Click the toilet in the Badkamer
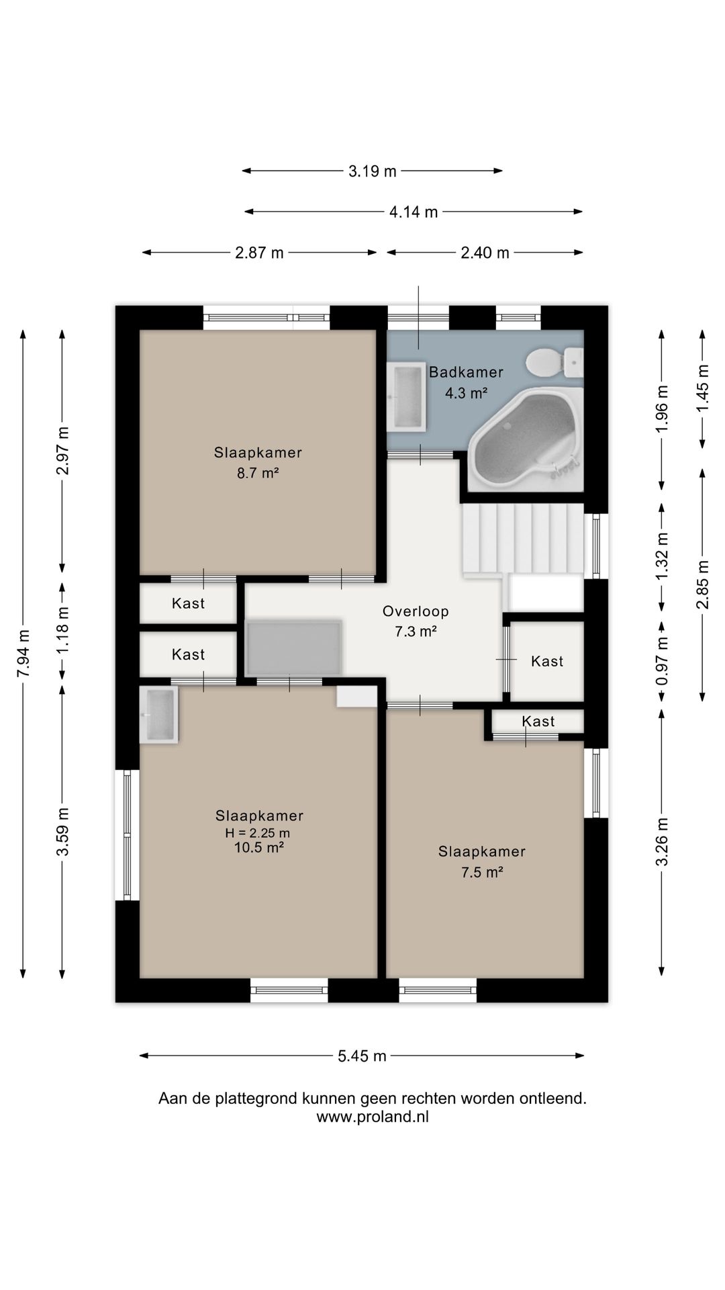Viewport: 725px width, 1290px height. [555, 363]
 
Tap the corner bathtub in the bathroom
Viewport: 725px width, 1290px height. [524, 438]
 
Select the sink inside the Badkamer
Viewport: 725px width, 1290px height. [407, 396]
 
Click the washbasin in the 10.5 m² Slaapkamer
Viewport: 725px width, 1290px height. [158, 714]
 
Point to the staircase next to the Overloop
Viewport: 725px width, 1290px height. [522, 539]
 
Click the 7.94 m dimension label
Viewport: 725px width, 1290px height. [23, 654]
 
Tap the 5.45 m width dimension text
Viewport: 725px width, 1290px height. [362, 1056]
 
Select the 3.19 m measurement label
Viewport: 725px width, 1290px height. [373, 171]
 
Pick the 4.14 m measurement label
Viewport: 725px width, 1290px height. [414, 212]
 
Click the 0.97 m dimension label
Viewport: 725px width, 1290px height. [663, 662]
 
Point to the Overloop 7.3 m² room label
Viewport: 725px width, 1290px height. [416, 621]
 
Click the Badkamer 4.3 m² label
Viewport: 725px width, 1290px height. [466, 382]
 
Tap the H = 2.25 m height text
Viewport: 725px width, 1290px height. [258, 833]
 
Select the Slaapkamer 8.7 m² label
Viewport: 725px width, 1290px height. [258, 462]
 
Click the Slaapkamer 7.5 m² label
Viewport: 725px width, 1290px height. [482, 861]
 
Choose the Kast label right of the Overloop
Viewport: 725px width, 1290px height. [547, 661]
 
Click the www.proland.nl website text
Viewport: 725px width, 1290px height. [373, 1117]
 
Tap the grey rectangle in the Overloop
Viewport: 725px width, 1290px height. [294, 648]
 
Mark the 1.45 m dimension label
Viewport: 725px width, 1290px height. [703, 389]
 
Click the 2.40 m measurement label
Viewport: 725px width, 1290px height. [485, 253]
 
